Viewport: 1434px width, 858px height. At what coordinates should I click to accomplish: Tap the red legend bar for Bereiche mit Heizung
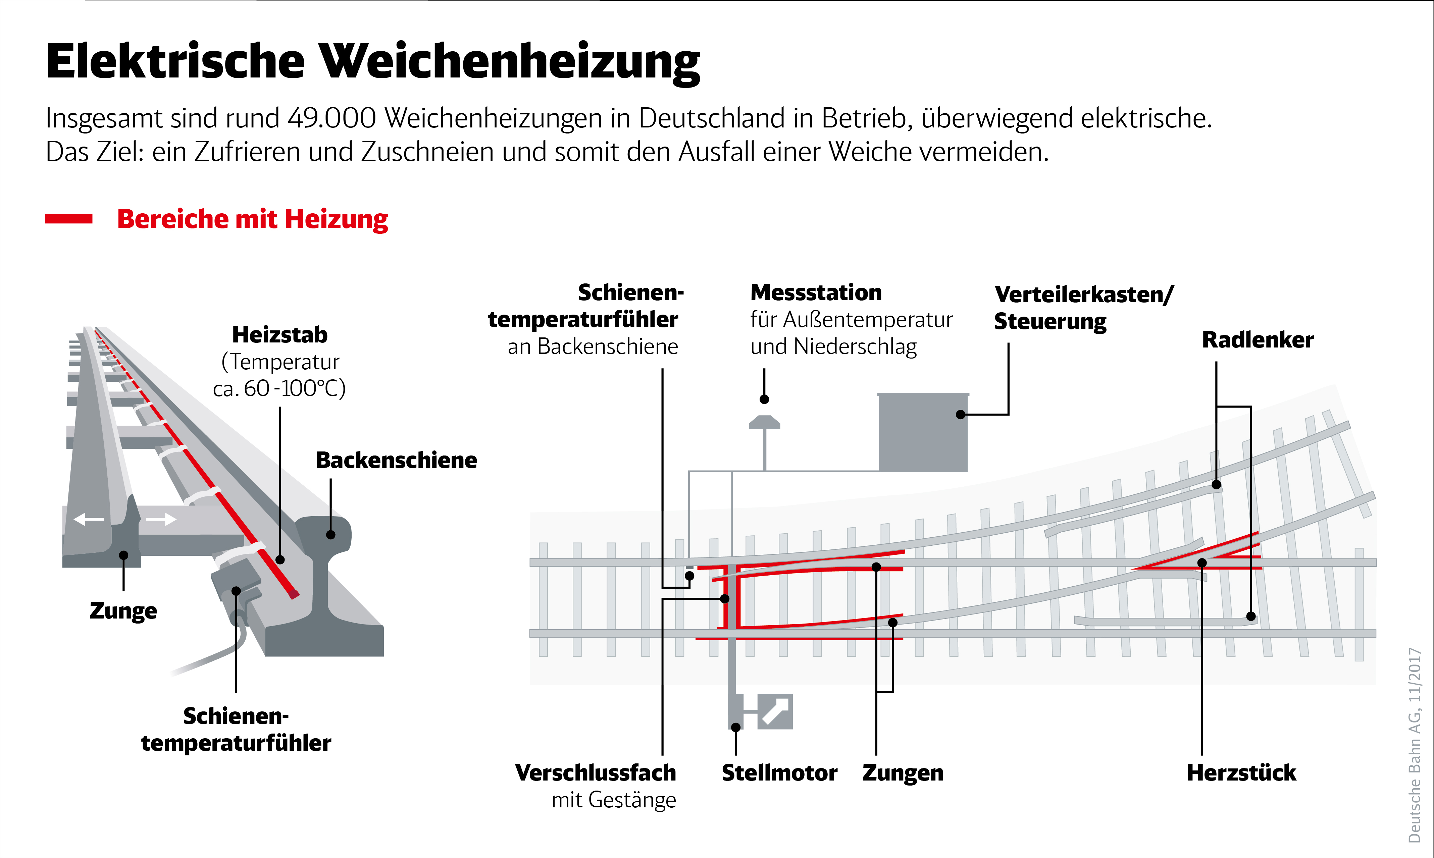(69, 219)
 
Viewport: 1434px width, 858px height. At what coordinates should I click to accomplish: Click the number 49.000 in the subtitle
(332, 118)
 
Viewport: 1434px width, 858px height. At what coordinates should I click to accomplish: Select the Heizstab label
(280, 335)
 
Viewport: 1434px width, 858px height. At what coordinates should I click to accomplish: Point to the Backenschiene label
(396, 460)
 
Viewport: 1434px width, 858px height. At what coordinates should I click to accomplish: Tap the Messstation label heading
(816, 292)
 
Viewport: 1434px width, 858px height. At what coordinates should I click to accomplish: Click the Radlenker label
(1258, 340)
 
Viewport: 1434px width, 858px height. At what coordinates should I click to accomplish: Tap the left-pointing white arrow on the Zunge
(89, 519)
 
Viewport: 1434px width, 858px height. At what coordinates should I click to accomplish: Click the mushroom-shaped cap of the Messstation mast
(764, 423)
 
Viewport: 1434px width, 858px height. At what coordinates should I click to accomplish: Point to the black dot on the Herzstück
(1202, 562)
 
